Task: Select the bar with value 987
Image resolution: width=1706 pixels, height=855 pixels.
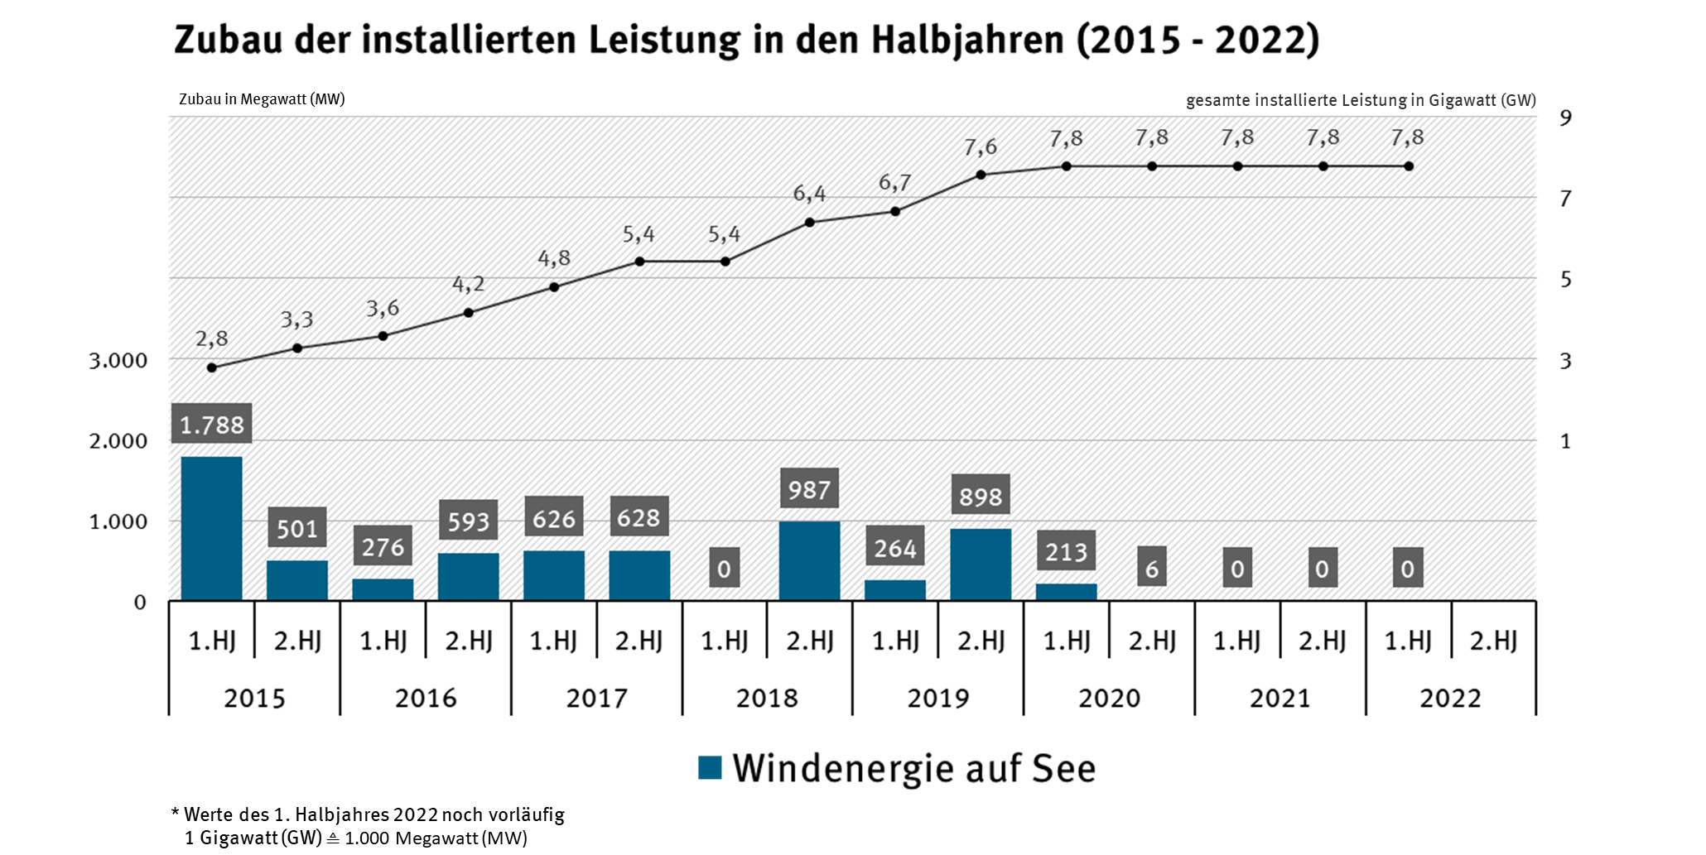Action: pyautogui.click(x=809, y=560)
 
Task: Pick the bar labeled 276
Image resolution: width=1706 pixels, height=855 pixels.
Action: pyautogui.click(x=383, y=589)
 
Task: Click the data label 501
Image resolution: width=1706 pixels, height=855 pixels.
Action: pyautogui.click(x=297, y=528)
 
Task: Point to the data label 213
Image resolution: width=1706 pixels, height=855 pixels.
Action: pyautogui.click(x=1066, y=551)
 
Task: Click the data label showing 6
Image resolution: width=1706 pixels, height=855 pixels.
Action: pyautogui.click(x=1151, y=568)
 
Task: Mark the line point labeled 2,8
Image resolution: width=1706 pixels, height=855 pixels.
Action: pyautogui.click(x=212, y=367)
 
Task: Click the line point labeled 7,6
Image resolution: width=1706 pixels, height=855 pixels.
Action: pyautogui.click(x=981, y=175)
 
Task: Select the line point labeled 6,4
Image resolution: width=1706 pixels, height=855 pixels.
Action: pyautogui.click(x=809, y=222)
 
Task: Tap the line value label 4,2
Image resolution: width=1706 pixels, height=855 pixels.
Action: pyautogui.click(x=468, y=285)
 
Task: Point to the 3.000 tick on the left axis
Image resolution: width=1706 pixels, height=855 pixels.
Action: pyautogui.click(x=118, y=360)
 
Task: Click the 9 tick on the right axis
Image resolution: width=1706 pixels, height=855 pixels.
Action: pyautogui.click(x=1564, y=118)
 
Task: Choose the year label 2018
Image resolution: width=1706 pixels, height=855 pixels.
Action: pyautogui.click(x=767, y=698)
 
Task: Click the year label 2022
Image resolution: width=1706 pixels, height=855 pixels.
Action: pyautogui.click(x=1450, y=698)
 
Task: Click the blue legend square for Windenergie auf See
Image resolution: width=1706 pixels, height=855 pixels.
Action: pyautogui.click(x=710, y=768)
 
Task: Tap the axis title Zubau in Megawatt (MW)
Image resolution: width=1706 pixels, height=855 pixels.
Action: pyautogui.click(x=262, y=99)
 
